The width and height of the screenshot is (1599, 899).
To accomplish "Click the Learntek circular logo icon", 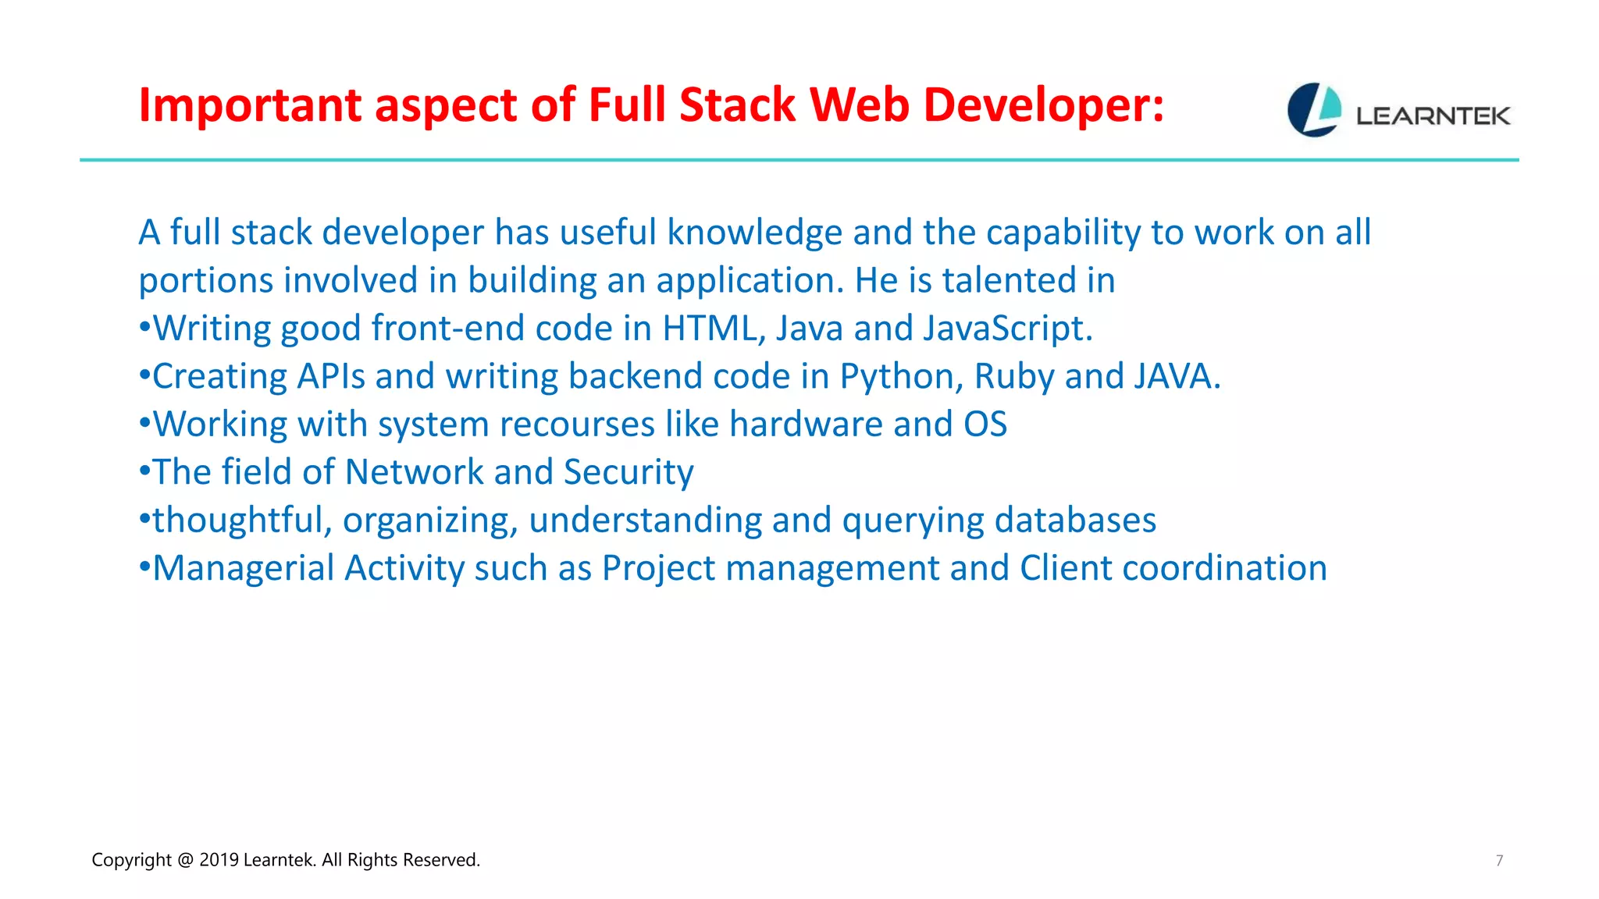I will (x=1314, y=110).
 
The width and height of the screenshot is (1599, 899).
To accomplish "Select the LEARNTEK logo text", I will (x=1433, y=116).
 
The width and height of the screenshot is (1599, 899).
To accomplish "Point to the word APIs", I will (x=331, y=377).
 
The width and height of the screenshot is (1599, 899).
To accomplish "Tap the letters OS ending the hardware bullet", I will (x=985, y=425).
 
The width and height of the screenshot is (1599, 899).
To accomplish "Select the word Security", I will (x=629, y=473).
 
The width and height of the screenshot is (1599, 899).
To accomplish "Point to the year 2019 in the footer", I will (x=219, y=860).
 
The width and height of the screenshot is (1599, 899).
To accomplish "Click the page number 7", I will (x=1499, y=861).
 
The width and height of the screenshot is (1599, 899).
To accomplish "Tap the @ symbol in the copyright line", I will (x=185, y=860).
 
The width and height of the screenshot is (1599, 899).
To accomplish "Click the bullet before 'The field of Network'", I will (x=144, y=472).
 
